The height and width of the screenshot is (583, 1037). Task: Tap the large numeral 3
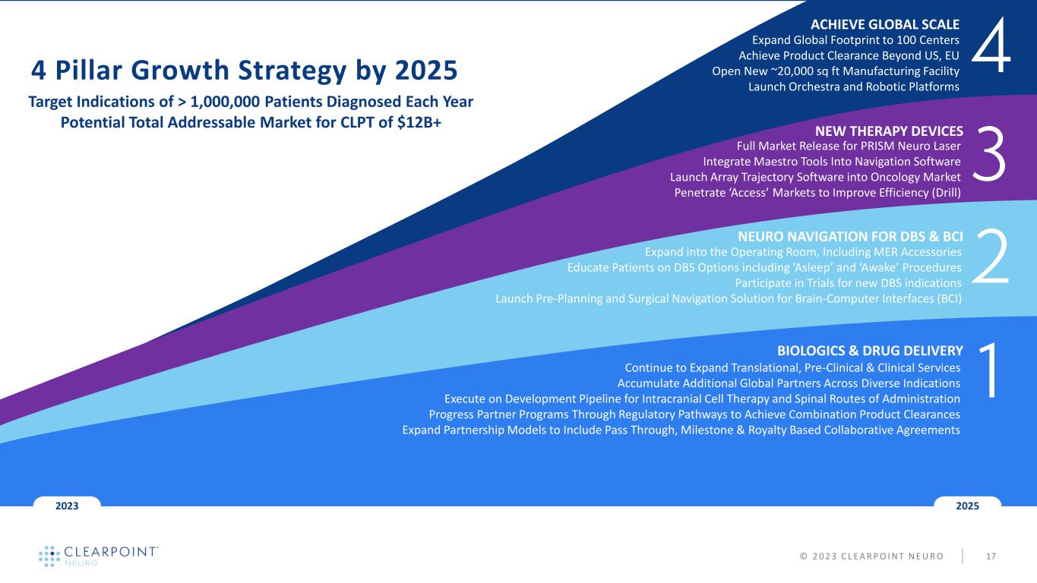[x=989, y=154]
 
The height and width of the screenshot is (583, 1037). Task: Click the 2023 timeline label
[x=67, y=506]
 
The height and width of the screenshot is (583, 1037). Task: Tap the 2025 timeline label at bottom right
[x=968, y=506]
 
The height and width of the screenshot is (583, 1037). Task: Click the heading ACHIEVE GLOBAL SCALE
[x=885, y=24]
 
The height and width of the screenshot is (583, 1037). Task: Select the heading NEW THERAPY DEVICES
[x=889, y=131]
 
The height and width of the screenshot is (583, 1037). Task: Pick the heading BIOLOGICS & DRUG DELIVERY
[x=870, y=351]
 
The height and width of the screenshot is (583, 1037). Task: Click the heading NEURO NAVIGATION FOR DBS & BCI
[x=850, y=236]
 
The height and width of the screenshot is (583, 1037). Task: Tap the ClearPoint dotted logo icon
[x=49, y=556]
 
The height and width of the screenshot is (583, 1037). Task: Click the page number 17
[x=991, y=556]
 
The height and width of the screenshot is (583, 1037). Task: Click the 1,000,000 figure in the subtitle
[x=225, y=102]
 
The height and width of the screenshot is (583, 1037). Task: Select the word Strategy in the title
[x=292, y=71]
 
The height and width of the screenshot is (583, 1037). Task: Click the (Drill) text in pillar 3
[x=946, y=193]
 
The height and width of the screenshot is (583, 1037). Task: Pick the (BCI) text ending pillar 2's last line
[x=949, y=298]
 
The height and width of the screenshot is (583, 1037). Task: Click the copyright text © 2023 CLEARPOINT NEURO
[x=871, y=556]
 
